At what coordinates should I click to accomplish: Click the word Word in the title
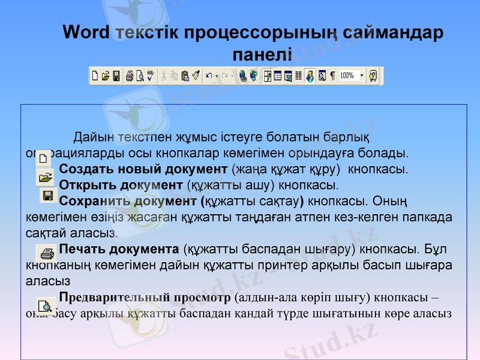click(x=86, y=32)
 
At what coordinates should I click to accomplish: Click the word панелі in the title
click(x=262, y=56)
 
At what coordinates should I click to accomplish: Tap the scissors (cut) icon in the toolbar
click(x=163, y=76)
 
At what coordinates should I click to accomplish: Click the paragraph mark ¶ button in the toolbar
click(x=332, y=76)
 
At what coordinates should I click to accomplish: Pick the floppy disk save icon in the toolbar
click(x=116, y=76)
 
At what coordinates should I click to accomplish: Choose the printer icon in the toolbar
click(x=130, y=76)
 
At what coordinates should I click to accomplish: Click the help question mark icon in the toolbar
click(x=374, y=76)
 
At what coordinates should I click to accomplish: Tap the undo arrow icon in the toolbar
click(x=209, y=76)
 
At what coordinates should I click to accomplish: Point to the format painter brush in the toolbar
click(x=195, y=76)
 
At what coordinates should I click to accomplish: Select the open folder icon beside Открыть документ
click(x=44, y=176)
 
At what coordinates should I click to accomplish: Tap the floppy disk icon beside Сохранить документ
click(x=48, y=196)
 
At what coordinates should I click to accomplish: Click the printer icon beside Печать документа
click(x=44, y=250)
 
